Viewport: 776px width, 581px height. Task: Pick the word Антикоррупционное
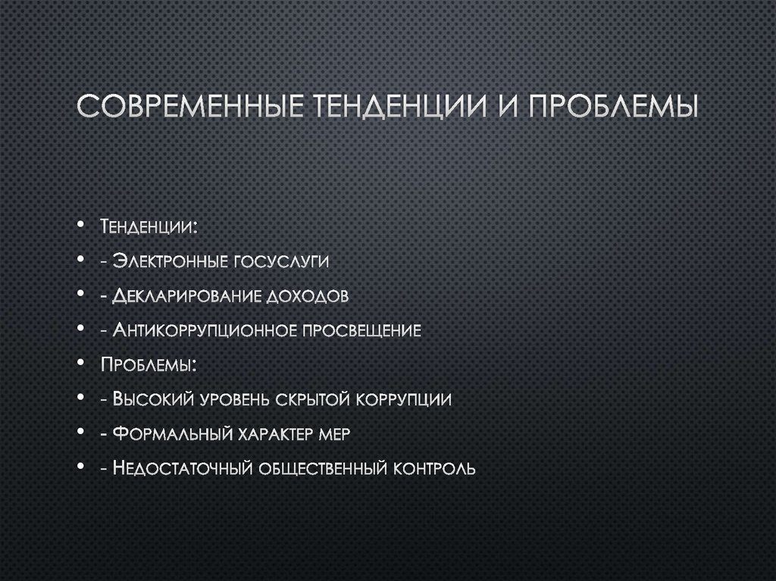(x=205, y=330)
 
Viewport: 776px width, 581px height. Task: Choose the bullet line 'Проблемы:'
(x=149, y=365)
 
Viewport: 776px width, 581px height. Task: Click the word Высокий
(x=152, y=399)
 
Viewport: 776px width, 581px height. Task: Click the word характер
(x=271, y=434)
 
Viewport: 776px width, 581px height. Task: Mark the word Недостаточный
(x=183, y=468)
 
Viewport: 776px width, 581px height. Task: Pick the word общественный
(x=322, y=468)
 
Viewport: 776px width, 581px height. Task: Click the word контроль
(x=434, y=468)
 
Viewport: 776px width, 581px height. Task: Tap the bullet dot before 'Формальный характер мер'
(x=80, y=433)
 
